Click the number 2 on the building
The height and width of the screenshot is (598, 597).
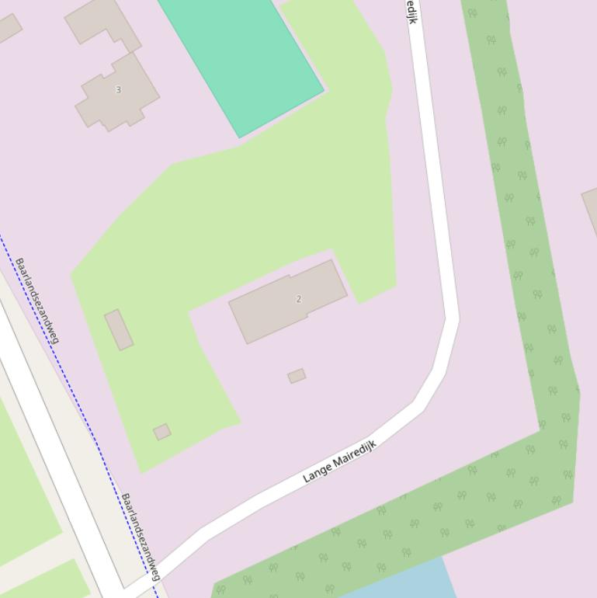tap(299, 298)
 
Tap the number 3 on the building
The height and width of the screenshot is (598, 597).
tap(118, 89)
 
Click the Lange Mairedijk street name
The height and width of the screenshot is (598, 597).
tap(339, 461)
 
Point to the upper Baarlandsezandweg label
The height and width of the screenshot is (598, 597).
tap(37, 300)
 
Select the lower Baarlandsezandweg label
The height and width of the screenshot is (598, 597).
tap(141, 537)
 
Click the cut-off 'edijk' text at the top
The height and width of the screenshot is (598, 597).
tap(411, 12)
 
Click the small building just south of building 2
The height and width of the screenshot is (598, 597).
tap(297, 376)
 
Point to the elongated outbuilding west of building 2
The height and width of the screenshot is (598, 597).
tap(119, 329)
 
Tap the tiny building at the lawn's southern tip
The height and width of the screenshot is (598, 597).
tap(161, 432)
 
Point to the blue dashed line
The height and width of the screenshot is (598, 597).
tap(78, 404)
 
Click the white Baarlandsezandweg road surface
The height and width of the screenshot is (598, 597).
tap(47, 435)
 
